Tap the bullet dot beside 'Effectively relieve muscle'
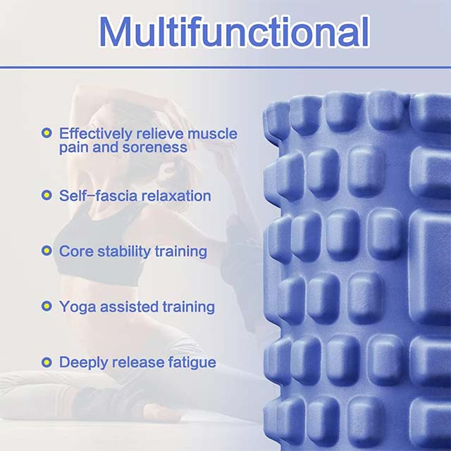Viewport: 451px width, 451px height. pyautogui.click(x=47, y=132)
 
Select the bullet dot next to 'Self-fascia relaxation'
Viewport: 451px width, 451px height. pyautogui.click(x=47, y=195)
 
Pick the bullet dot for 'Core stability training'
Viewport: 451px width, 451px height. pyautogui.click(x=47, y=251)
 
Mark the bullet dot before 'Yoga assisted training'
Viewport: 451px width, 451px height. pyautogui.click(x=47, y=307)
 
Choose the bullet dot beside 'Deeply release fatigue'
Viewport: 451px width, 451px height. pyautogui.click(x=47, y=362)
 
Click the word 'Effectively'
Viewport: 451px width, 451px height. pyautogui.click(x=95, y=133)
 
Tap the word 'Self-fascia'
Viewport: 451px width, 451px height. pyautogui.click(x=98, y=195)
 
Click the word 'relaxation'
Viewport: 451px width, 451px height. pyautogui.click(x=176, y=195)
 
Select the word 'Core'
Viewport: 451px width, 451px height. pyautogui.click(x=75, y=251)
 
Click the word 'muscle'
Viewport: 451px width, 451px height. pyautogui.click(x=214, y=133)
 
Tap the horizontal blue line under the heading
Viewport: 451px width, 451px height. pyautogui.click(x=225, y=68)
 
